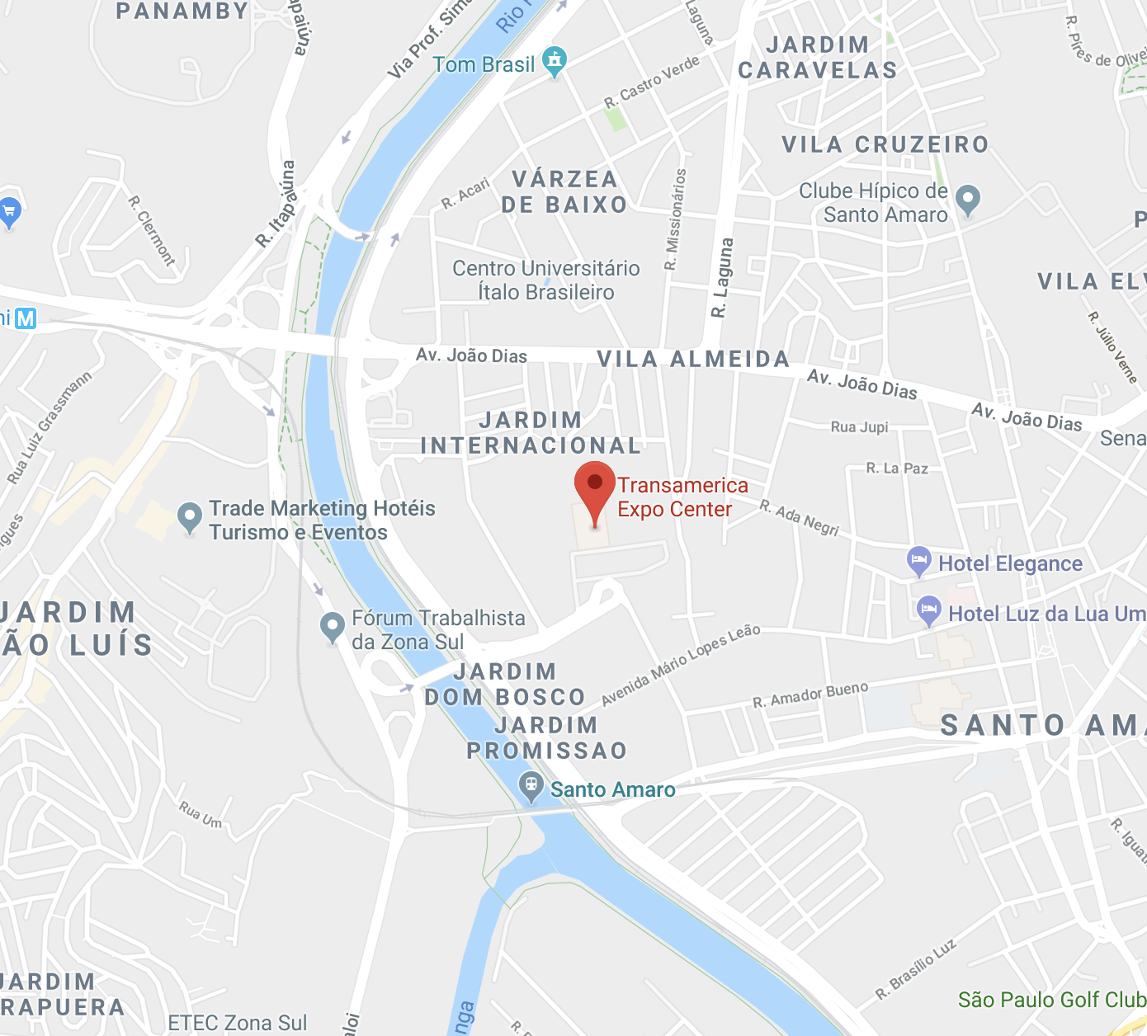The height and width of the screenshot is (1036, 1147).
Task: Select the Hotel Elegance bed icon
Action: [918, 561]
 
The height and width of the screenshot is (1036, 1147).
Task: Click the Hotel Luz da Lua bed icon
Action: [929, 610]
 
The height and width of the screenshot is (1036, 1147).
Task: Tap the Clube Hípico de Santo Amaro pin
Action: [967, 199]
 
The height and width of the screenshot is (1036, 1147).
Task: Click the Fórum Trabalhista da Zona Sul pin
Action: [332, 627]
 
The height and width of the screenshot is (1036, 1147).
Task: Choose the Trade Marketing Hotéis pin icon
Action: [190, 517]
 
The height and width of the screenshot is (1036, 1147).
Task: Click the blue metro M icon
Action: [26, 318]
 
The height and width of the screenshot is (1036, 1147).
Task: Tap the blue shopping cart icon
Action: [9, 212]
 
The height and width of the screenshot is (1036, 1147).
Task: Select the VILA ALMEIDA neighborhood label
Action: [693, 359]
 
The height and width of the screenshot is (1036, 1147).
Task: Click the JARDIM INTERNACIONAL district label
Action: [531, 433]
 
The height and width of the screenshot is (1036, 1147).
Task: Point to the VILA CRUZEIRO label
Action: [885, 145]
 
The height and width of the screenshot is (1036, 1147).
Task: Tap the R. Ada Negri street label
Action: [799, 518]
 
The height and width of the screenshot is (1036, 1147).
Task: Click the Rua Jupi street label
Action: [859, 427]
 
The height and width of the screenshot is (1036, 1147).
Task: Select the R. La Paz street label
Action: [897, 469]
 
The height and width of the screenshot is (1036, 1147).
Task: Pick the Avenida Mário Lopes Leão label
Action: [680, 665]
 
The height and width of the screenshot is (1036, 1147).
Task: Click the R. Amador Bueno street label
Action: [810, 695]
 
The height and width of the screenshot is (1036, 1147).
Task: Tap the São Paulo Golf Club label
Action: [1051, 1000]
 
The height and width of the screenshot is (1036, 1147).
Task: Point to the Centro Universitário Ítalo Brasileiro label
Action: [545, 280]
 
